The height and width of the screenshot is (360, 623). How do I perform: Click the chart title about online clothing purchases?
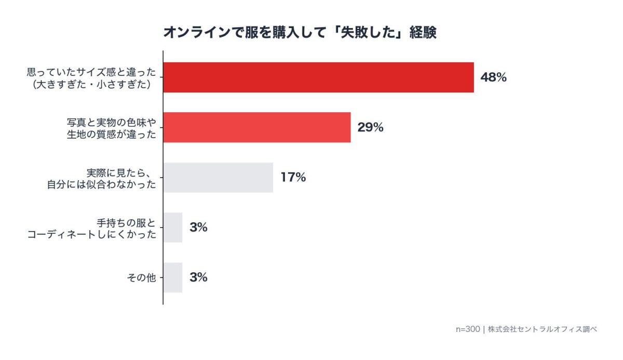tap(300, 33)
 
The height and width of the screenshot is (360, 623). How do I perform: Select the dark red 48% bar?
tap(318, 77)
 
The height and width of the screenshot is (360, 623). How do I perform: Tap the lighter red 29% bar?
tap(256, 127)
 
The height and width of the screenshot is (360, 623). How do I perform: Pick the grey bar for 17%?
tap(218, 178)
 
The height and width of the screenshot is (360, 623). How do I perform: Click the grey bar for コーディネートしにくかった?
tap(173, 228)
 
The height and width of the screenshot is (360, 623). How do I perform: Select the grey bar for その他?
tap(173, 277)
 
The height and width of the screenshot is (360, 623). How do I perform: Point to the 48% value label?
tap(493, 78)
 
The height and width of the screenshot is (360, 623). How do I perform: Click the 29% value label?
tap(370, 127)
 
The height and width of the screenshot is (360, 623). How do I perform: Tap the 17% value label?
tap(293, 178)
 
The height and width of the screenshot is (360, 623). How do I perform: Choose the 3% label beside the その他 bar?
tap(198, 277)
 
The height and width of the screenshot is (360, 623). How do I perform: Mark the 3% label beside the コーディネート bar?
tap(198, 228)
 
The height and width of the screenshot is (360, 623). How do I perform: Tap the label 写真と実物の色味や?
tap(111, 122)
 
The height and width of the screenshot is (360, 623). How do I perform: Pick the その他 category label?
tap(141, 278)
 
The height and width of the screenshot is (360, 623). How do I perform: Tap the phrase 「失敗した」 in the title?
tap(363, 33)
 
